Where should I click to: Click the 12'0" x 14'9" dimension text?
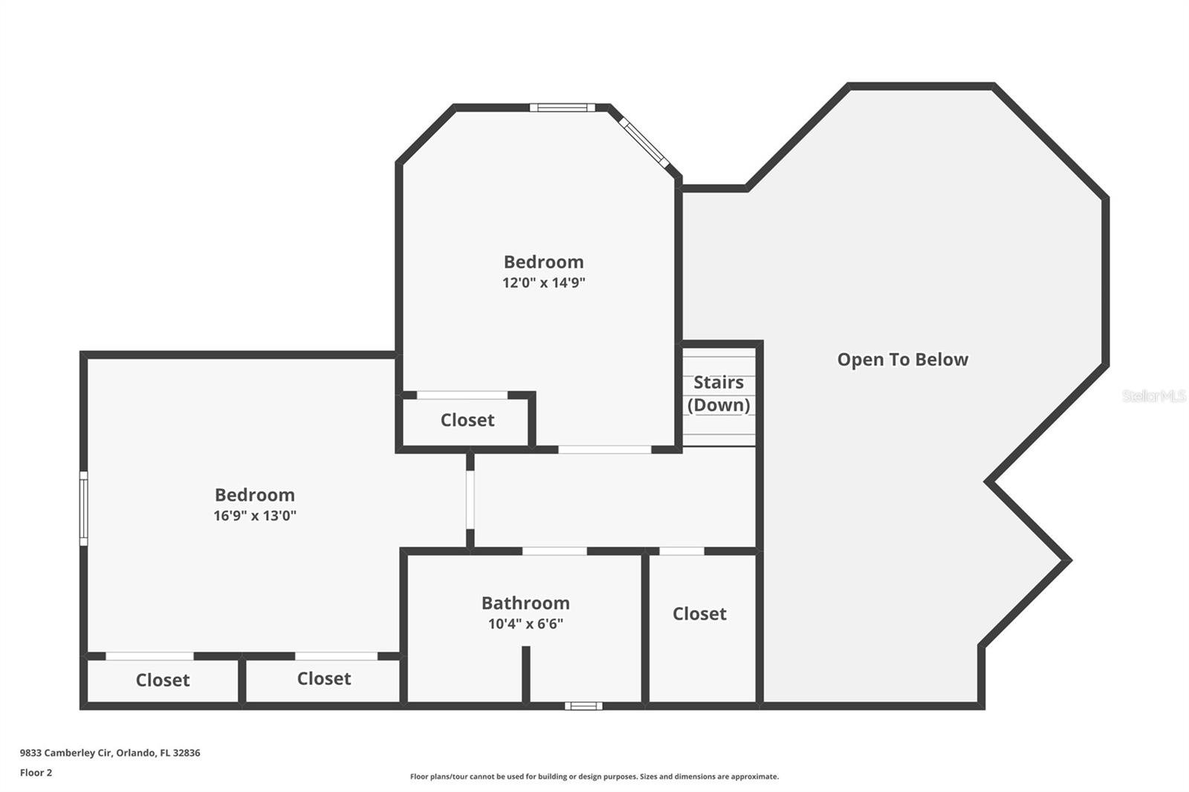544,283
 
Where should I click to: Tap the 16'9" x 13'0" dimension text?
255,516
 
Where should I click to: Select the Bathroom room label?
525,603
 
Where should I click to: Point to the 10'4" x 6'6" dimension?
525,624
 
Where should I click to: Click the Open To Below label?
902,360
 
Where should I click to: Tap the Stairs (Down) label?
719,393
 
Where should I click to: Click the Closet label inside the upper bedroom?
467,421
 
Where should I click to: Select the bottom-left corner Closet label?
163,680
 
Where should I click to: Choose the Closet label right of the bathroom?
699,614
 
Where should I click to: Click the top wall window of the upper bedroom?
563,108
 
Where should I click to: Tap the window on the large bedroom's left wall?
84,508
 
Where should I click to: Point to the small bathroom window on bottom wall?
583,706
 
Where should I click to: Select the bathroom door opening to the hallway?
554,551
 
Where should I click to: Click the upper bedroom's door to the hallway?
604,449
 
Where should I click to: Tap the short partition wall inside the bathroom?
525,674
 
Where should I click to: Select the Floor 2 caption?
36,773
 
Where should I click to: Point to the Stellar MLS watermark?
1153,396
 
